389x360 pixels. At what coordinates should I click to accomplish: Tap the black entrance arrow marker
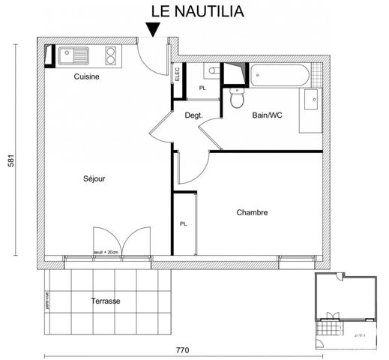pos(153,29)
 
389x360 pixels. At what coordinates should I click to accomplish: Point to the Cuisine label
pos(86,76)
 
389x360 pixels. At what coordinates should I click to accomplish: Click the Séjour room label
pos(94,178)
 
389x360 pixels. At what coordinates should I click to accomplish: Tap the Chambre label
pos(252,212)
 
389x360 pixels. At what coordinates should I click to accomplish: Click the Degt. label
pos(194,115)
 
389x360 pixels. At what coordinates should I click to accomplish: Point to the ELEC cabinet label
pos(177,74)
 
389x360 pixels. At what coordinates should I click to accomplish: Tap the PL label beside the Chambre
pos(183,223)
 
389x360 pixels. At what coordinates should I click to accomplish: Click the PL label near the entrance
pos(202,88)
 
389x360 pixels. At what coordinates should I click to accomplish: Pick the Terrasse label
pos(105,301)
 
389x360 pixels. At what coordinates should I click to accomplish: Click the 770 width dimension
pos(183,349)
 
